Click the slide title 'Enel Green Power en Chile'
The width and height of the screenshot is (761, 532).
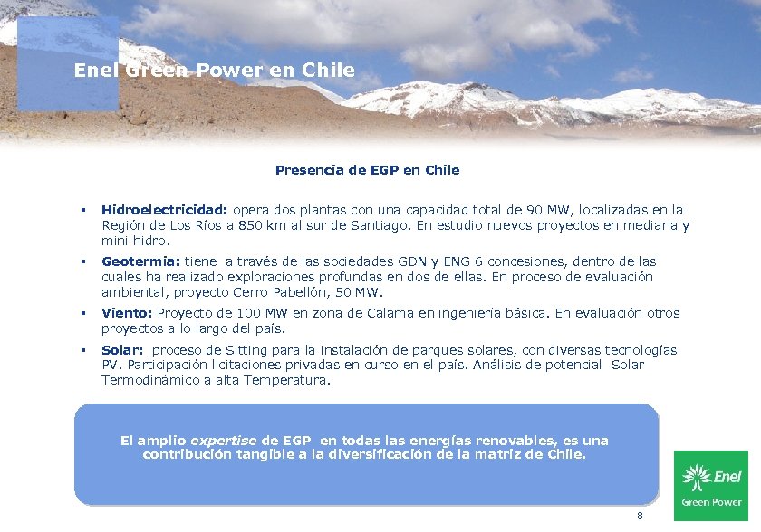(214, 70)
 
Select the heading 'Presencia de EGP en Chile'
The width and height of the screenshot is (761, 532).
(367, 170)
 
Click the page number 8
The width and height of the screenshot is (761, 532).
(640, 516)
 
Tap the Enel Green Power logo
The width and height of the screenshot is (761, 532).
(711, 485)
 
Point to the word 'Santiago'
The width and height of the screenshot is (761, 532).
(381, 225)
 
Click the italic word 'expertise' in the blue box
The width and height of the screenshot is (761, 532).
(224, 441)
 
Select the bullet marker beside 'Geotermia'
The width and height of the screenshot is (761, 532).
(82, 262)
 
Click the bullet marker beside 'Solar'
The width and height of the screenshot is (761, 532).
(82, 350)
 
